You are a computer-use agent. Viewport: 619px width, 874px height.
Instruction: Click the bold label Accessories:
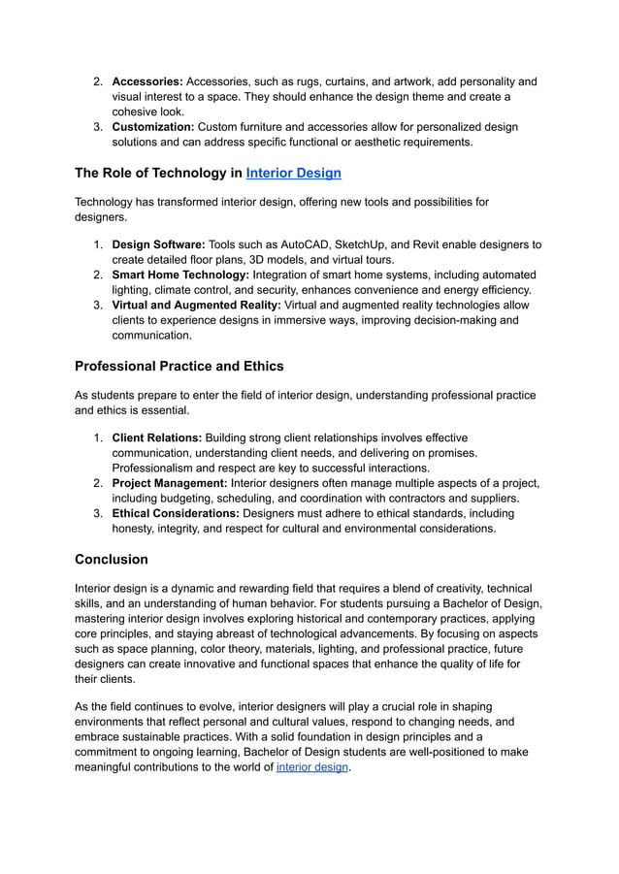coord(147,81)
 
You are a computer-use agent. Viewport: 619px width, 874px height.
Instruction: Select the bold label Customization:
coord(152,127)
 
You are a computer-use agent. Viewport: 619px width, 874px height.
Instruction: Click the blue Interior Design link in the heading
coord(293,174)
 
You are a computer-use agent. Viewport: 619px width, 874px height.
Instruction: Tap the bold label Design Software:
coord(156,244)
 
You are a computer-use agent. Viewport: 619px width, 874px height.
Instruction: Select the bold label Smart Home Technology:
coord(180,275)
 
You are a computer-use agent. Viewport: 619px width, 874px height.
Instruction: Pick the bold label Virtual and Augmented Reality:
coord(197,305)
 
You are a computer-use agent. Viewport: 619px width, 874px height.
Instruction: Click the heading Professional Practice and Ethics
coord(179,367)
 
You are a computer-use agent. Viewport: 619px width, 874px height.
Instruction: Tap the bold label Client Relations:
coord(156,437)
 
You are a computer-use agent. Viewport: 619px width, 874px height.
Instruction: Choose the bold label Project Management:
coord(170,483)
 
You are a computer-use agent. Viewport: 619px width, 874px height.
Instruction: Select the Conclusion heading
coord(112,560)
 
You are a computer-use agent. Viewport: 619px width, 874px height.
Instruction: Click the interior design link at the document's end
coord(311,767)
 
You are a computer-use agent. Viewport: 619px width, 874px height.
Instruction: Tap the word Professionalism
coord(159,468)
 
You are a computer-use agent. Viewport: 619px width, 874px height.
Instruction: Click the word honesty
coord(136,529)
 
